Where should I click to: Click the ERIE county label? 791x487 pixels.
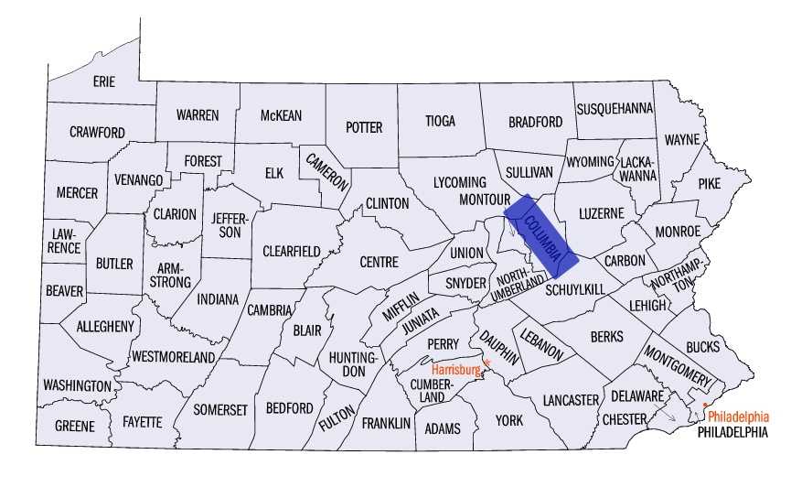104,81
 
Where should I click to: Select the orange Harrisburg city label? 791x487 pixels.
456,369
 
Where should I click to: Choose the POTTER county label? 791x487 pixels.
364,127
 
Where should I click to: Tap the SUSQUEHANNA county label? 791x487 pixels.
615,108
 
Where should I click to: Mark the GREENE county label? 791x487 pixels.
74,426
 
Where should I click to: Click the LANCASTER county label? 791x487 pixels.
570,400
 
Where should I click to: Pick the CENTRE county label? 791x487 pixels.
379,262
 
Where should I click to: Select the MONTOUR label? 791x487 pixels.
484,199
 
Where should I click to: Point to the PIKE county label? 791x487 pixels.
710,182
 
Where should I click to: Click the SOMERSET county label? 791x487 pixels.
219,409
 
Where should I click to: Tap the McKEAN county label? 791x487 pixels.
281,115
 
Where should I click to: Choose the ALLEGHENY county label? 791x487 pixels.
105,326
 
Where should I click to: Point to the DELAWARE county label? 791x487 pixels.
632,396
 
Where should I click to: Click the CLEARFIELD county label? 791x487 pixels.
291,251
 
